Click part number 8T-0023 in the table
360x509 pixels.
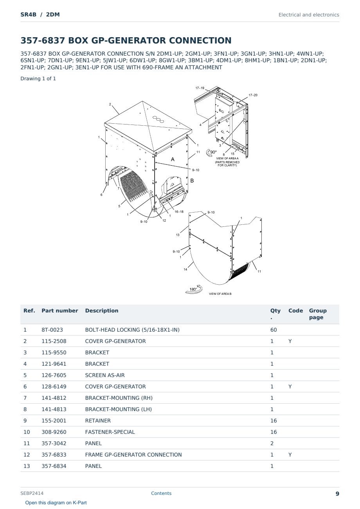coord(52,330)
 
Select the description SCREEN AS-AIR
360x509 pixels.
coord(105,375)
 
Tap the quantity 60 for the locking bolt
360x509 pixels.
coord(274,330)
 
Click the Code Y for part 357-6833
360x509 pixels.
coord(290,455)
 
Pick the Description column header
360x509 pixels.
coord(101,310)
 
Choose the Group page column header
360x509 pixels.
coord(318,314)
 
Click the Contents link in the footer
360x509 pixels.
coord(161,493)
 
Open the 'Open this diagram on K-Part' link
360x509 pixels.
coord(56,503)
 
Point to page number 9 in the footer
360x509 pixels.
coord(337,494)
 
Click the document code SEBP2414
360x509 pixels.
coord(32,493)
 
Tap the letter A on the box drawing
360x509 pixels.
coord(173,159)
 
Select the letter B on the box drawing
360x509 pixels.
coord(192,180)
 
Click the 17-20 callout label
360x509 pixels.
coord(253,95)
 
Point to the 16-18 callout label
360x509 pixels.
coord(179,211)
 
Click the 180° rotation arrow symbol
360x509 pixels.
coord(194,289)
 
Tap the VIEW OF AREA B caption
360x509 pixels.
coord(220,294)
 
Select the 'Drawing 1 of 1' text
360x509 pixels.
coord(38,79)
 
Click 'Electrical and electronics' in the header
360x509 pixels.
coord(309,15)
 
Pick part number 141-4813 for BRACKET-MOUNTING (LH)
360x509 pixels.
coord(54,409)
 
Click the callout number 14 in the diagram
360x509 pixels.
coord(185,269)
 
